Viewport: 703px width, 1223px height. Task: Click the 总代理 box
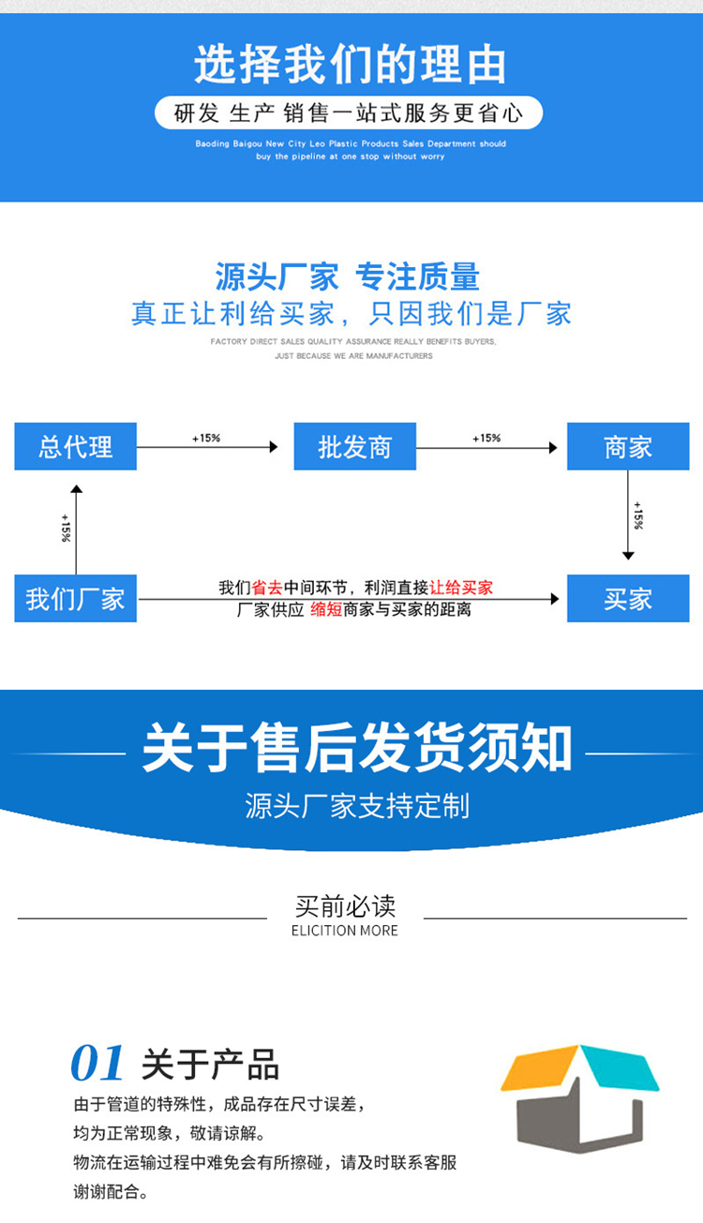coord(75,446)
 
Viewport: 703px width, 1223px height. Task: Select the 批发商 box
coord(354,446)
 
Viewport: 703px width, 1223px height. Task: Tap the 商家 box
coord(627,446)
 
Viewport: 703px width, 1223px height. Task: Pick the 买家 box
coord(627,598)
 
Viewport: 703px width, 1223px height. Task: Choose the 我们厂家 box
coord(75,598)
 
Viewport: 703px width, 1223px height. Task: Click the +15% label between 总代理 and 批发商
coord(206,438)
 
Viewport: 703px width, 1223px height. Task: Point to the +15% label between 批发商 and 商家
coord(486,438)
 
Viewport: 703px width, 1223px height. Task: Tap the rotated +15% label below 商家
coord(638,515)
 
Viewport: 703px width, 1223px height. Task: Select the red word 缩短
coord(326,609)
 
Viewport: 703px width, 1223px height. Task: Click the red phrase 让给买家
coord(461,589)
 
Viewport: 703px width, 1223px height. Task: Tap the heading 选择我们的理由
coord(351,65)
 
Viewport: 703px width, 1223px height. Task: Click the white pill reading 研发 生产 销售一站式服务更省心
coord(349,113)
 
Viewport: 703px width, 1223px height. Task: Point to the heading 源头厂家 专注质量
coord(348,276)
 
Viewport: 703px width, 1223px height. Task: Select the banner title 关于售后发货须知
coord(356,749)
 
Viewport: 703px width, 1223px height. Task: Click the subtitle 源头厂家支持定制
coord(356,805)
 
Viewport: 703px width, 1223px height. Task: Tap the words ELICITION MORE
coord(345,931)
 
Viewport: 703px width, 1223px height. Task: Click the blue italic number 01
coord(97,1064)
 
